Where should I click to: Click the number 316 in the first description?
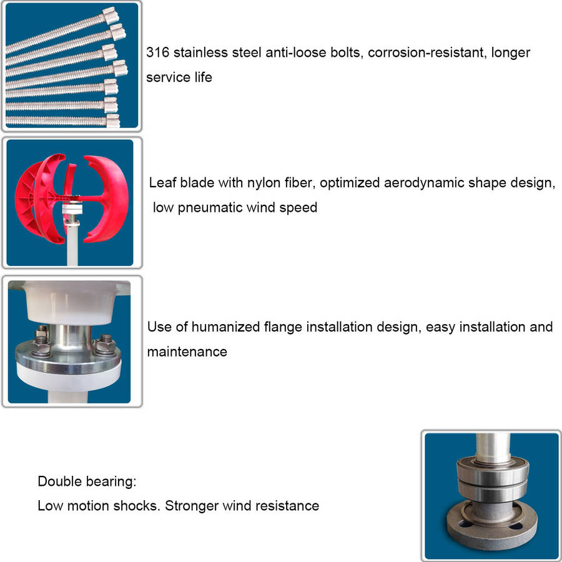tap(157, 52)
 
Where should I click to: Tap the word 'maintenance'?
tap(187, 352)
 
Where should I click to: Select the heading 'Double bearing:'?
tap(87, 481)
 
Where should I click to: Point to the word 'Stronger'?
tap(192, 506)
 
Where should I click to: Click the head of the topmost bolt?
tap(111, 16)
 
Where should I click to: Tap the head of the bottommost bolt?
tap(112, 121)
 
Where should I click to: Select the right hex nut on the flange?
tap(105, 345)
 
